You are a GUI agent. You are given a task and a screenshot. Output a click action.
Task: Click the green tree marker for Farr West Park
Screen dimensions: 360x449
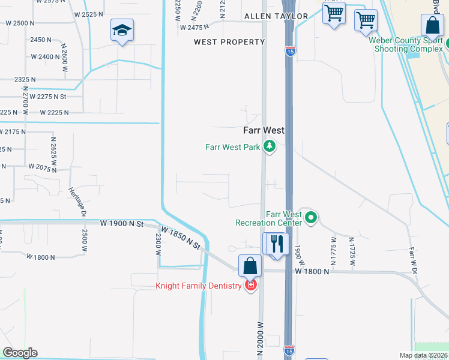coord(270,146)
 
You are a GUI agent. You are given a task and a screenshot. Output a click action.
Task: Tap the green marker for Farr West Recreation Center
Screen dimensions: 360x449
coord(310,217)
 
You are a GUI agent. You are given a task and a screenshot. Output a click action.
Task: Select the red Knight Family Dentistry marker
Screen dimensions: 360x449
coord(250,286)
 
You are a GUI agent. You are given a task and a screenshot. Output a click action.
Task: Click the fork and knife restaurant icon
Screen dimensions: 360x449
coord(277,244)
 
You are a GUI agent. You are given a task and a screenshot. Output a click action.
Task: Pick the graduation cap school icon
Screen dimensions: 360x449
coord(122,31)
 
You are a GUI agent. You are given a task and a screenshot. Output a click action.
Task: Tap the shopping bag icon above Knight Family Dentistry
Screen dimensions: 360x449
coord(250,266)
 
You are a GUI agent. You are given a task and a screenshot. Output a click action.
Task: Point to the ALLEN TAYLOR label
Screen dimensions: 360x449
coord(276,16)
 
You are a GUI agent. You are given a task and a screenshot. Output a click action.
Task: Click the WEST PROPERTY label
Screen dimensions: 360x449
coord(229,42)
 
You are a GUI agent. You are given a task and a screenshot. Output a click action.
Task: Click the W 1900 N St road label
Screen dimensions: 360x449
coord(122,223)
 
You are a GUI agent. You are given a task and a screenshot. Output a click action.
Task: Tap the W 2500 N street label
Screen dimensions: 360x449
coord(20,23)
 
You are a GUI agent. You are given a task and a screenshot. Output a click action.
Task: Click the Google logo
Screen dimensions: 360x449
coord(20,353)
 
